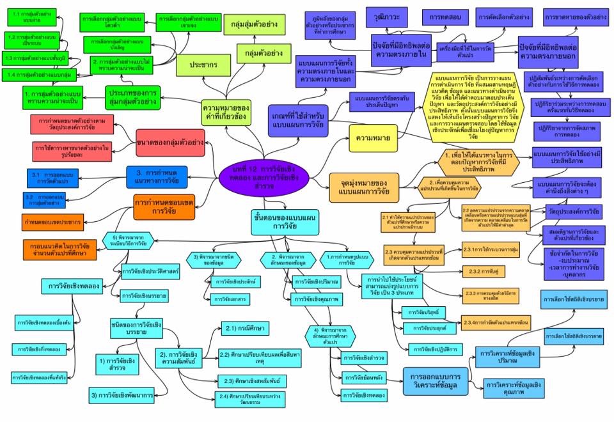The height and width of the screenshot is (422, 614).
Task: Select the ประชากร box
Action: tap(210, 65)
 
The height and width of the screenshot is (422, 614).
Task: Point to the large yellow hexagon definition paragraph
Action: tap(473, 109)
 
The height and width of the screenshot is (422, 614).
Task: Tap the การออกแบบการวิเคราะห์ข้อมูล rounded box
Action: tap(436, 380)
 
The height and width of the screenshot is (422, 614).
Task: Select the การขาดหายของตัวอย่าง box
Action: tap(575, 17)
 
